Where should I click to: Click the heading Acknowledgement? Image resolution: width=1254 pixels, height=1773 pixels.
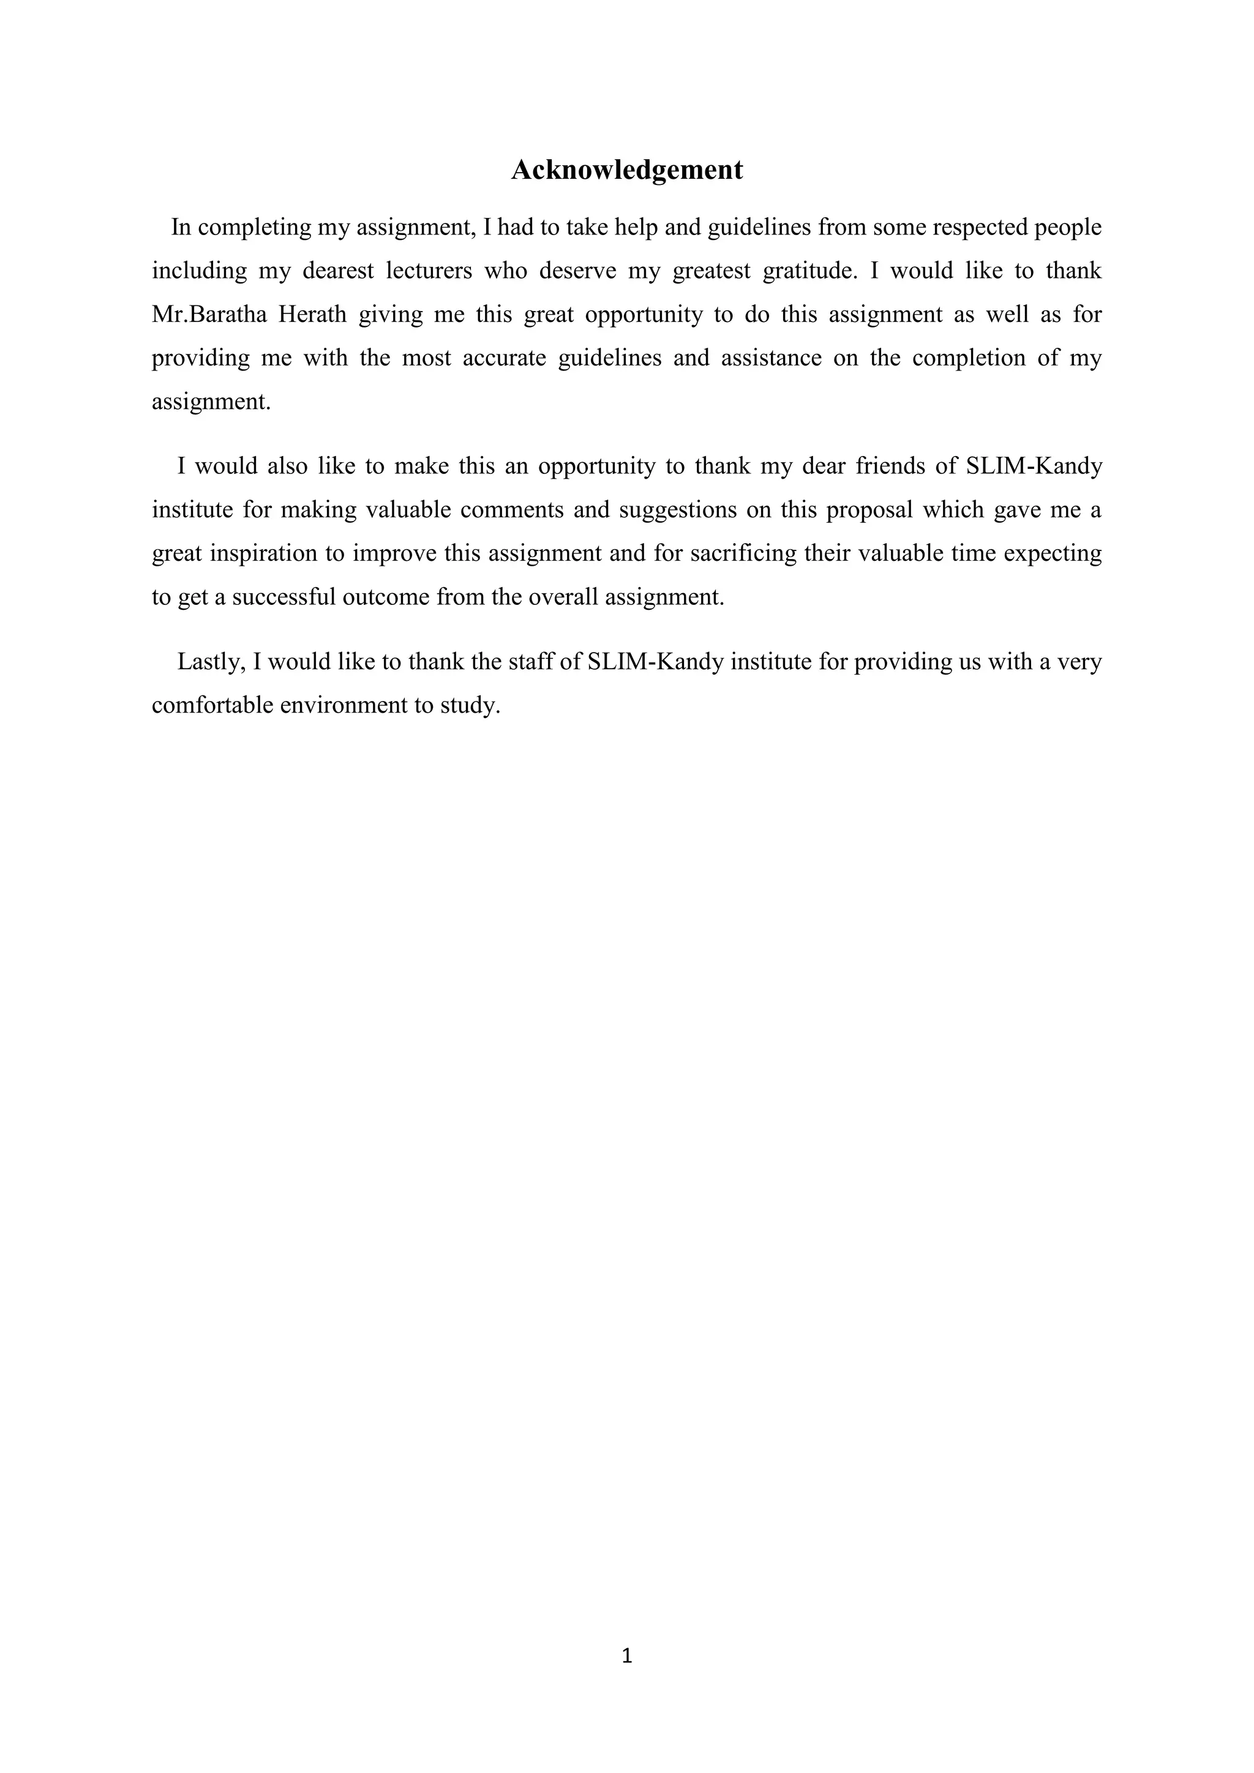coord(626,170)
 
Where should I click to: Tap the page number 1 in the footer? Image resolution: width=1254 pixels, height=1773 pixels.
coord(626,1655)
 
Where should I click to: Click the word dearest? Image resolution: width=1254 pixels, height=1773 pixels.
coord(337,272)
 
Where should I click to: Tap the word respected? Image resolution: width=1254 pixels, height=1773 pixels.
coord(981,228)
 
